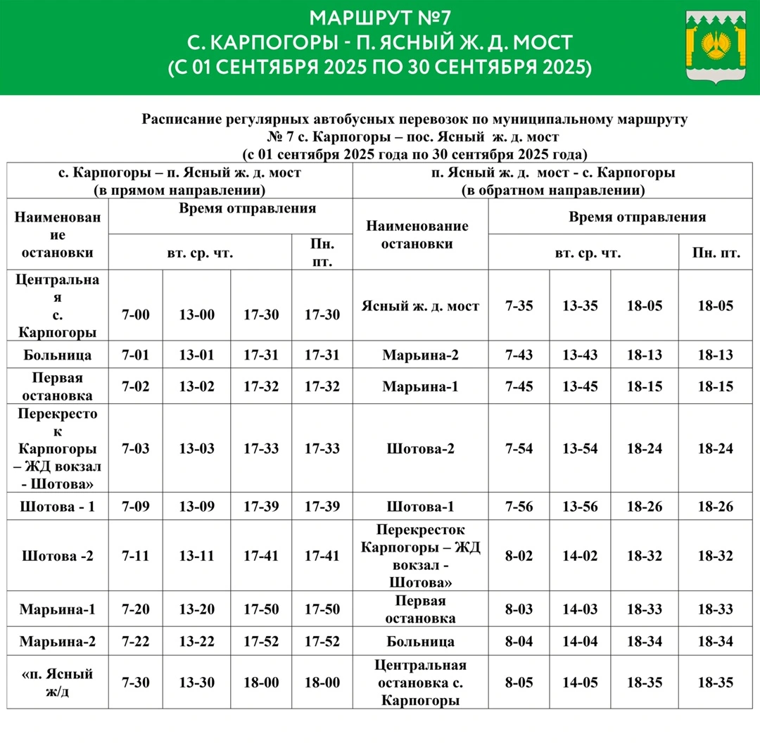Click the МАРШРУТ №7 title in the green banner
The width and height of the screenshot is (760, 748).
pos(380,17)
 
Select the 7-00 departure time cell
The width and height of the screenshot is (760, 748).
pos(136,315)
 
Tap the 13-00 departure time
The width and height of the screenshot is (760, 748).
pos(196,315)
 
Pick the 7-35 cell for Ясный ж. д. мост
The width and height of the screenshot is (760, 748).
pos(519,306)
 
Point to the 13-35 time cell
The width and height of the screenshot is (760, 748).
pos(581,306)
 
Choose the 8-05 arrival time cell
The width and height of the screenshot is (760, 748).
pos(519,683)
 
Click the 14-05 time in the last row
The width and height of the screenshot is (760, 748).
pos(581,683)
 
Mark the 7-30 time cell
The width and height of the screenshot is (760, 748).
pos(136,683)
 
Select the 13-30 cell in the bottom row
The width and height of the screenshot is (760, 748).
pos(196,683)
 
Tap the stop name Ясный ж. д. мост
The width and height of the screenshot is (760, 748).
pos(420,306)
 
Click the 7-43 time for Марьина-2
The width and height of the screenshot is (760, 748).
pos(519,355)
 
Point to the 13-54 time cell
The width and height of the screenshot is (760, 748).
pos(581,449)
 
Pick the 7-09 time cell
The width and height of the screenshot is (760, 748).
pos(136,507)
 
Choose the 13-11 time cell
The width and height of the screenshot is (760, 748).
pos(196,556)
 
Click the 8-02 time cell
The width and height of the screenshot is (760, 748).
pos(519,556)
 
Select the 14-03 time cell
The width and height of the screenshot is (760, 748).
pos(581,609)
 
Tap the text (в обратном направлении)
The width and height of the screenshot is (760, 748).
pos(552,190)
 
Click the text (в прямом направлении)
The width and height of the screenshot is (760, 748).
pos(179,190)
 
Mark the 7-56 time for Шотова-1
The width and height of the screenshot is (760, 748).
pos(519,507)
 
